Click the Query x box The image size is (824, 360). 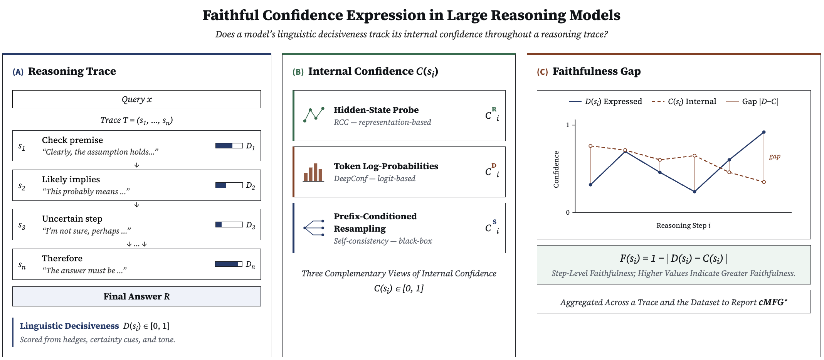(x=136, y=99)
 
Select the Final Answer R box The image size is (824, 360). (x=136, y=296)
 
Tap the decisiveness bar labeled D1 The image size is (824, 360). (x=229, y=146)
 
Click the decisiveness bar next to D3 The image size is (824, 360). (x=229, y=224)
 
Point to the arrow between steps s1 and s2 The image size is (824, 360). (x=136, y=165)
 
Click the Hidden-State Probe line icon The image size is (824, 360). (x=314, y=115)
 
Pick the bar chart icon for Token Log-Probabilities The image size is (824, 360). (x=313, y=172)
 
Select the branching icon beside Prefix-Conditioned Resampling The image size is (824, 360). (x=314, y=228)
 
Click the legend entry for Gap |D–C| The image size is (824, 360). (x=752, y=101)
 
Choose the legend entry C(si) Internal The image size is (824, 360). (x=684, y=101)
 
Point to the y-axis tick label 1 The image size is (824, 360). (x=567, y=125)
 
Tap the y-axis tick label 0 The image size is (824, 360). (x=568, y=212)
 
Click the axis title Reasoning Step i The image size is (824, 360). (x=683, y=225)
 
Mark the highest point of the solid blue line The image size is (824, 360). (x=764, y=132)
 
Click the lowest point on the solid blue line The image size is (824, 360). (x=695, y=192)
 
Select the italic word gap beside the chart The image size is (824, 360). (x=775, y=156)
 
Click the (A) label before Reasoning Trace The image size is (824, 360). (x=18, y=72)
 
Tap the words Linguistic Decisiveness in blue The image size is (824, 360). (x=69, y=326)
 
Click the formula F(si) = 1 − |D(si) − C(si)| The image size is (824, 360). (x=673, y=258)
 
